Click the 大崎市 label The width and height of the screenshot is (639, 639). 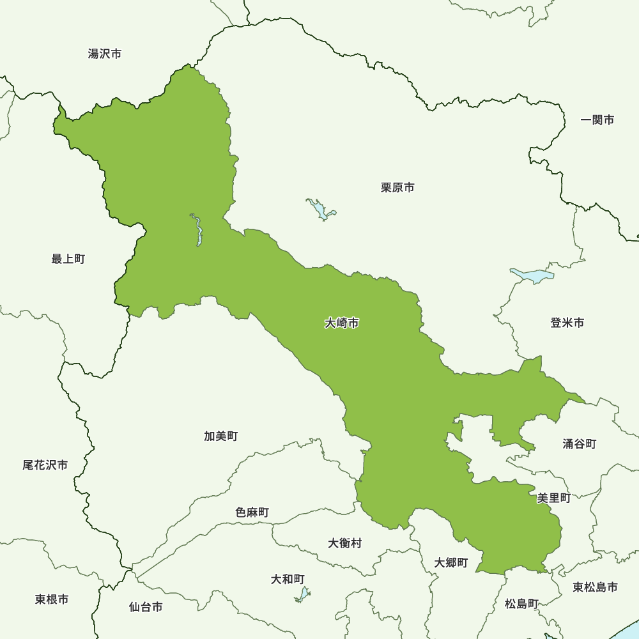pos(341,323)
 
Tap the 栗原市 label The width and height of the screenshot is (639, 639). pos(397,188)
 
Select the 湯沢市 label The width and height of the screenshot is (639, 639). pos(105,54)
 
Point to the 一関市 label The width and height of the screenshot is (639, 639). pos(597,119)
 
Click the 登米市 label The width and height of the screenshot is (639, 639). pos(567,323)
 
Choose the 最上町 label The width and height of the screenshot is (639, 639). pos(68,259)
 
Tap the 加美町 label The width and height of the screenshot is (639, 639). pos(221,436)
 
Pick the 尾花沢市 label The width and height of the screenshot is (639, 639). pos(45,465)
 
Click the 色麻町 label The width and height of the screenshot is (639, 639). pos(252,512)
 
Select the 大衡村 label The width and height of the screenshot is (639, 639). pos(345,543)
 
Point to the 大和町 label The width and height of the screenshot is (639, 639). pos(288,579)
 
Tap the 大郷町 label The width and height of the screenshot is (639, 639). pos(451,563)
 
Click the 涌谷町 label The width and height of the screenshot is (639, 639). pos(580,443)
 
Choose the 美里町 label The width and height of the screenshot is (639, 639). pos(553,498)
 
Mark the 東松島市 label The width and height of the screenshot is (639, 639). pos(595,587)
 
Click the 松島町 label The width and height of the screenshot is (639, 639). pos(521,603)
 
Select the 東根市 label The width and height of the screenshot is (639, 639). pos(52,599)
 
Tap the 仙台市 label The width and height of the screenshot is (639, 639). pos(146,607)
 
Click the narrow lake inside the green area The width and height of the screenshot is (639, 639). pos(197,231)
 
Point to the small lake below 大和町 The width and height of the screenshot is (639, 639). pos(302,595)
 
